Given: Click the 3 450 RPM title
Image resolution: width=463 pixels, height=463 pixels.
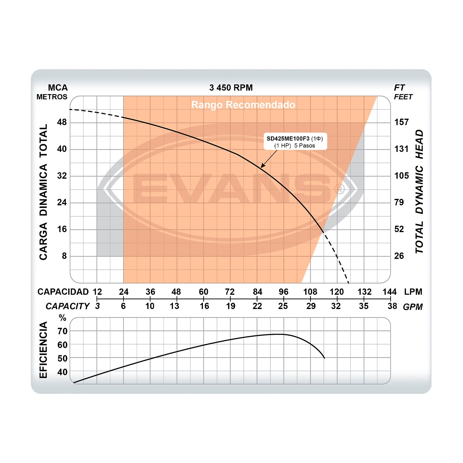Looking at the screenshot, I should pos(231,88).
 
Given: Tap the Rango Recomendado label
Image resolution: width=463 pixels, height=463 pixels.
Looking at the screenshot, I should pos(243,105).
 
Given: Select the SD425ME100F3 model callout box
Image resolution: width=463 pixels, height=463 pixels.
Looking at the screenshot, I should pos(295,142).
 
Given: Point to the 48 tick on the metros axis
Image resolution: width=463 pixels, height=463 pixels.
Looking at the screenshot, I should pos(62,122).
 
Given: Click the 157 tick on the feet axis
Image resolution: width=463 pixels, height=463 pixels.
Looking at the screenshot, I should pos(402,122).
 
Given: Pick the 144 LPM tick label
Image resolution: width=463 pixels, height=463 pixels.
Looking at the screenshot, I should pos(390,292).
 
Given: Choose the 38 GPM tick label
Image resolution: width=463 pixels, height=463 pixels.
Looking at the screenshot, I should pos(392,306).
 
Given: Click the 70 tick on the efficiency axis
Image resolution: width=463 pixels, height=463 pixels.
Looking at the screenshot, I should pos(62,331).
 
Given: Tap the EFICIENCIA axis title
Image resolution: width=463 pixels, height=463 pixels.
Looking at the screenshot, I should pos(44,350).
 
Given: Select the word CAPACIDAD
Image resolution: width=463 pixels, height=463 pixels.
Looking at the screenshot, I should pos(63,292).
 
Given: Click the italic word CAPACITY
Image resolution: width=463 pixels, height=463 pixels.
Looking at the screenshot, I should pos(68,306).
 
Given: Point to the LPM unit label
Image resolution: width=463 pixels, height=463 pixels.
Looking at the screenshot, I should pos(413,292).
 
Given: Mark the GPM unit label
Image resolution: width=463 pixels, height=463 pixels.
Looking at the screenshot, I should pos(413,307).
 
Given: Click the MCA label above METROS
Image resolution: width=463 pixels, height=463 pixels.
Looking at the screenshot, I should pos(58,88).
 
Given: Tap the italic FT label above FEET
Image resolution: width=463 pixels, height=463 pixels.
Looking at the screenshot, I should pos(399,88).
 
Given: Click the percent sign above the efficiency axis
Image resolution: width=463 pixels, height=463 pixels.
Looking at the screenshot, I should pos(63,318).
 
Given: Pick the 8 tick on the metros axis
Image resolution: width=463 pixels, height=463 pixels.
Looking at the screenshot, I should pos(64,256).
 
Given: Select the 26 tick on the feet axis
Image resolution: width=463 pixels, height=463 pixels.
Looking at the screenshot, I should pos(399,256).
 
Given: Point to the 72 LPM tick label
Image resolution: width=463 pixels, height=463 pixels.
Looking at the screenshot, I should pos(230,292).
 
